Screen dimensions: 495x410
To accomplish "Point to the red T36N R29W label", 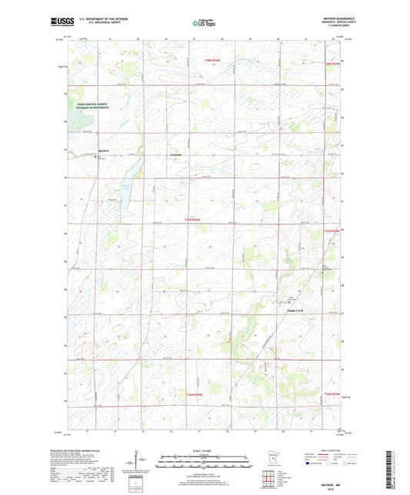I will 327,394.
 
